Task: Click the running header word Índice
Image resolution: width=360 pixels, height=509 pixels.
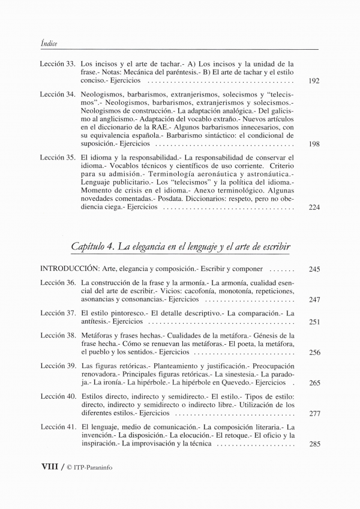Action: pos(49,42)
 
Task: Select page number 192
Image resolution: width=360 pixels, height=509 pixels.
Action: pos(313,80)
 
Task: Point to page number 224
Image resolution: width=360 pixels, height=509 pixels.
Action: pos(313,207)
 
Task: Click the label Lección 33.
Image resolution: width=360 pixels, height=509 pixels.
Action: pos(58,63)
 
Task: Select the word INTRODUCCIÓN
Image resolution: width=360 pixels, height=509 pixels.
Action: pos(70,269)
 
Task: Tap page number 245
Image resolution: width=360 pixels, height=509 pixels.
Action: pos(314,270)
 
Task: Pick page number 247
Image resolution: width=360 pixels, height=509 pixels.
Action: pos(314,299)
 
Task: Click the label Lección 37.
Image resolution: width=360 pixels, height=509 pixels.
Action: pos(58,313)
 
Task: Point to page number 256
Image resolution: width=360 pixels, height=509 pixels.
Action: pos(314,353)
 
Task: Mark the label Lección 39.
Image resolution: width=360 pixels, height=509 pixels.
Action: pos(58,366)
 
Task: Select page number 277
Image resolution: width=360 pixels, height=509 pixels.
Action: pos(314,414)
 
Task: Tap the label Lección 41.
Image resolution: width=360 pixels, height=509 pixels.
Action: pos(58,427)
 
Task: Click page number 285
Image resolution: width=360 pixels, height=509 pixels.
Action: pos(314,444)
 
